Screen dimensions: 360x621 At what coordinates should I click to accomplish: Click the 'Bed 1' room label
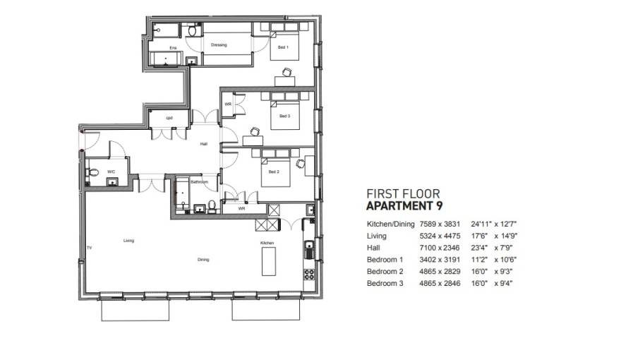[283, 48]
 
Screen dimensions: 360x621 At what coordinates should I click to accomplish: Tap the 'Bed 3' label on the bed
[284, 116]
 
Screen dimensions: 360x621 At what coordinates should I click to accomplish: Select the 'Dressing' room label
[219, 45]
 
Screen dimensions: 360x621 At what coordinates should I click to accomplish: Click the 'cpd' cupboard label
[169, 117]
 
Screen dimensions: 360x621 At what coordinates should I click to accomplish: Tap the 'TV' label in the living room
[90, 248]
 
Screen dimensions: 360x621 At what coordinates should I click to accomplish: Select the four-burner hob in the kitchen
[308, 274]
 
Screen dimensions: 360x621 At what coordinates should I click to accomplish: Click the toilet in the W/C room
[92, 173]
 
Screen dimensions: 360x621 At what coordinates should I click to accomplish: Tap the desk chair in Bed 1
[287, 71]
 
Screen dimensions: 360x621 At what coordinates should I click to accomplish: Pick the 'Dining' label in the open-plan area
[203, 260]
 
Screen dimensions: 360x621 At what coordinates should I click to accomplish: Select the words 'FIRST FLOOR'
[403, 193]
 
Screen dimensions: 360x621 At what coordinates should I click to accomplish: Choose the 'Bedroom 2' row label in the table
[385, 271]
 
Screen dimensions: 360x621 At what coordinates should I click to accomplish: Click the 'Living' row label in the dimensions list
[376, 236]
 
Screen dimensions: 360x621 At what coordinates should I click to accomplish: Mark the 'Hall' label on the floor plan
[204, 144]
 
